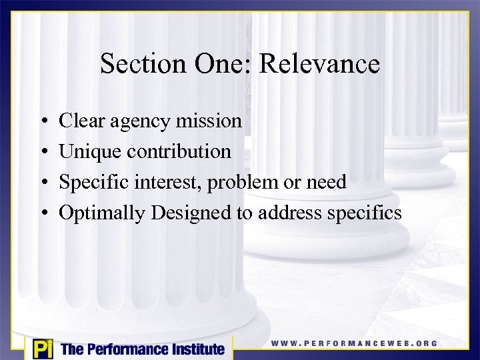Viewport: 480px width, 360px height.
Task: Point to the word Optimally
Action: tap(103, 213)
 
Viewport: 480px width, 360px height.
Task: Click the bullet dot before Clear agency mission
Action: tap(42, 122)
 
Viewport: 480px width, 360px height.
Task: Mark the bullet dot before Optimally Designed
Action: tap(42, 213)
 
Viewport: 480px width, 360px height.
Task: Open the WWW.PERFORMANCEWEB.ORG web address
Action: tap(354, 344)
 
